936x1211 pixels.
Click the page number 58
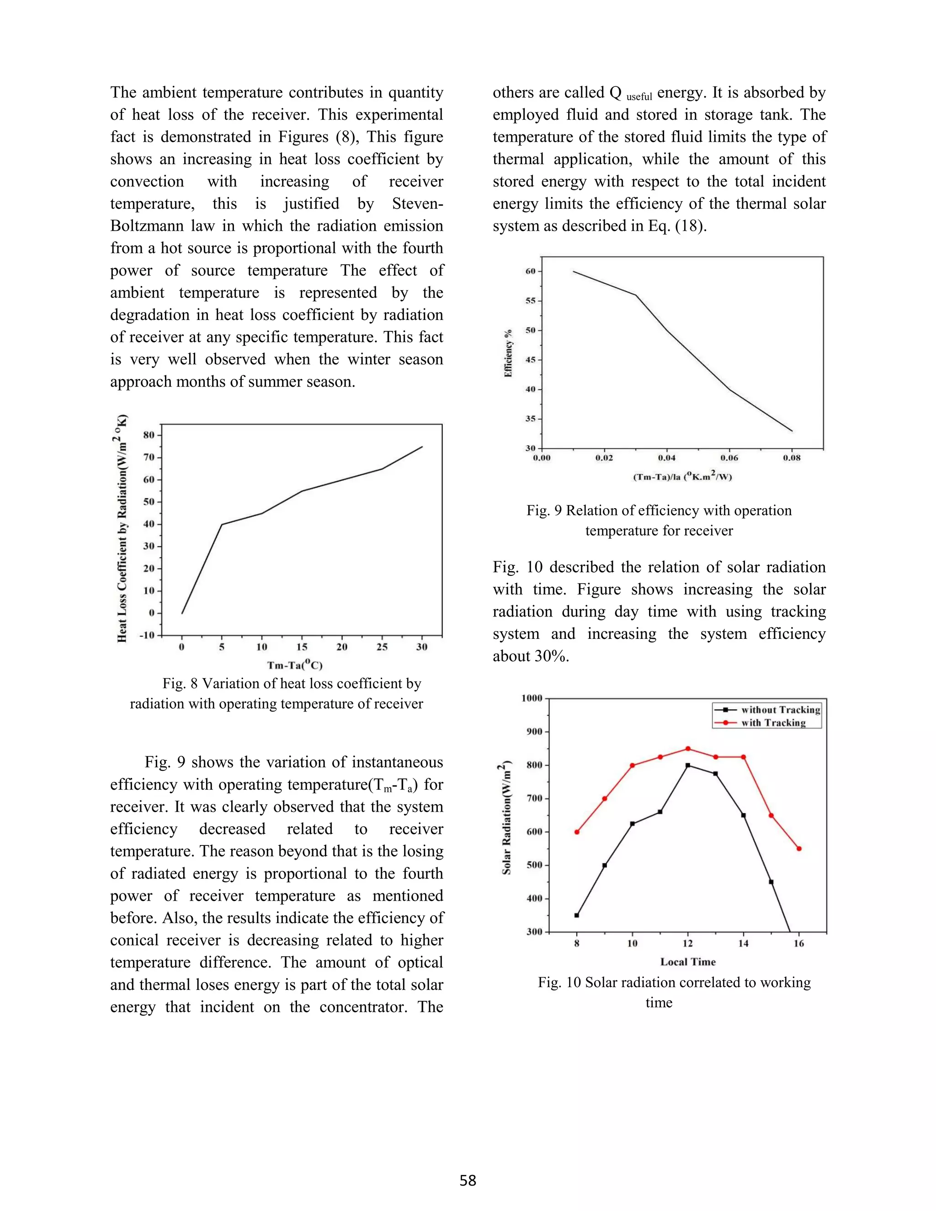coord(468,1180)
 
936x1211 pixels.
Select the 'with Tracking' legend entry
coord(773,722)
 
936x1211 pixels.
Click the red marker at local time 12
coord(687,749)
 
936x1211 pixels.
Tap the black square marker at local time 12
coord(687,765)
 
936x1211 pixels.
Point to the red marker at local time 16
coord(798,848)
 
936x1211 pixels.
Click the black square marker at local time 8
coord(577,915)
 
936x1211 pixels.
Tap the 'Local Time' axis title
coord(687,961)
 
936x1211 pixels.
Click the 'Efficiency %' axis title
coord(508,353)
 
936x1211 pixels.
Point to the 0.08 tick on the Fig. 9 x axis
coord(792,458)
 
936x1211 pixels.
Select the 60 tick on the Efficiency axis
coord(531,271)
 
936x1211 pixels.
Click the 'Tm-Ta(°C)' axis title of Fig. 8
coord(294,665)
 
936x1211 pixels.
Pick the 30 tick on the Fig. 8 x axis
coord(422,647)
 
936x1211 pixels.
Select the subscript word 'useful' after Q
coord(639,97)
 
